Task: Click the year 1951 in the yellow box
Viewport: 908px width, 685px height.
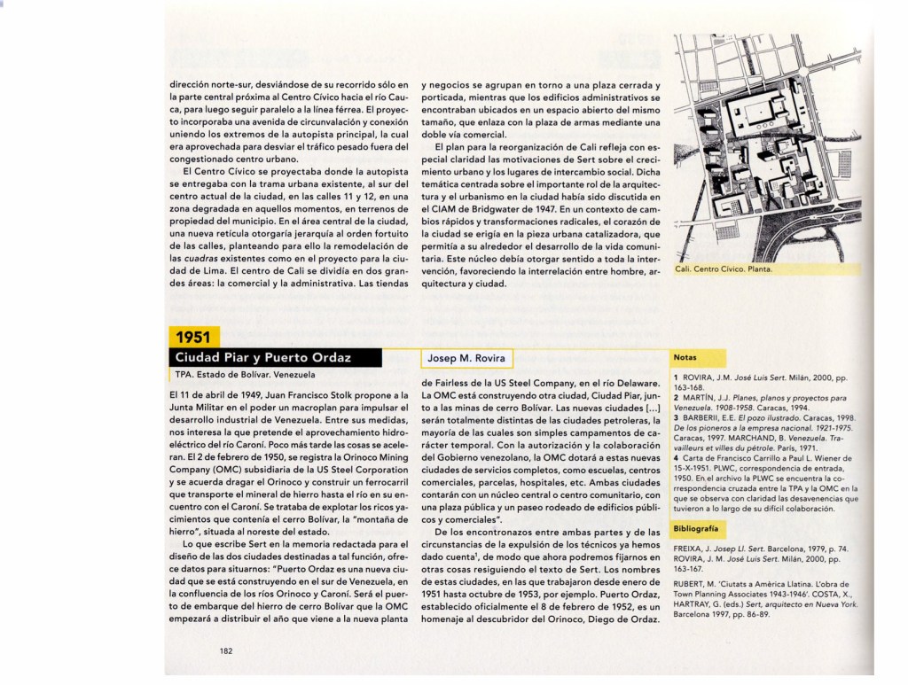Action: (x=192, y=337)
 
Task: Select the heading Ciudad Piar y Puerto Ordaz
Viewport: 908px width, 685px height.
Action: (x=263, y=358)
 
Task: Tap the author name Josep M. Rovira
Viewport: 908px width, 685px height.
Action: (x=466, y=358)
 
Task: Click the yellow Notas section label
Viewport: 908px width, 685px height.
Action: (x=685, y=357)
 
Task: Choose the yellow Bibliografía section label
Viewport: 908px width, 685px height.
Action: (x=698, y=528)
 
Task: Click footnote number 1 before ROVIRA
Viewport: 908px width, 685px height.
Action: (x=676, y=378)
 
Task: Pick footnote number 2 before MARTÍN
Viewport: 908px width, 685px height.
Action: (x=676, y=398)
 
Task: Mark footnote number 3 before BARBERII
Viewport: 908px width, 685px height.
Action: (x=676, y=416)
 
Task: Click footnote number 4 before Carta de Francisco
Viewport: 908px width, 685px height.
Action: (x=676, y=457)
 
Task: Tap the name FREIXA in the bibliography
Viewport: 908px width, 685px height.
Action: (x=691, y=549)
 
